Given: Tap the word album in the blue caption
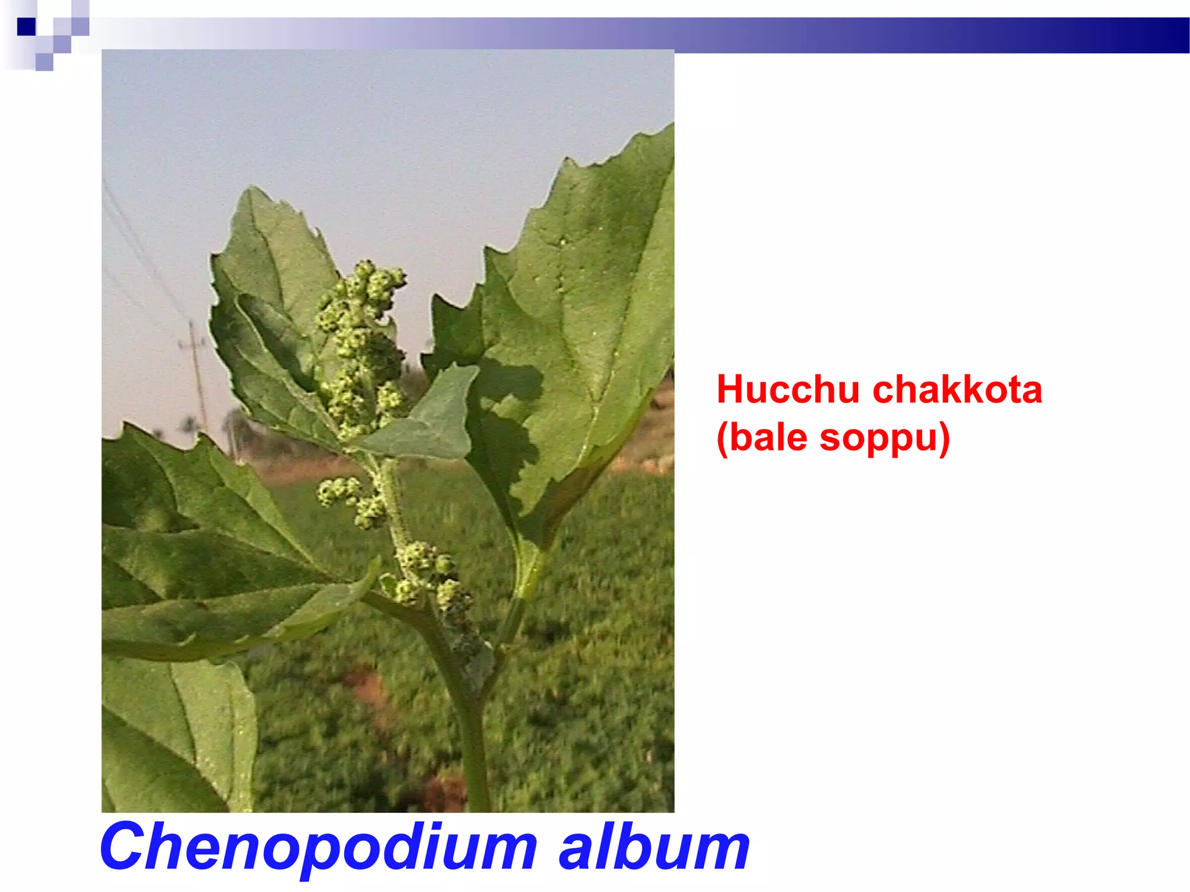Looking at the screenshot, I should point(654,847).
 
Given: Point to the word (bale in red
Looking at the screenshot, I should point(762,438).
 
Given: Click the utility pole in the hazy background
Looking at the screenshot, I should point(196,372).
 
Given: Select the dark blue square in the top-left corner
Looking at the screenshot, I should point(26,27).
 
